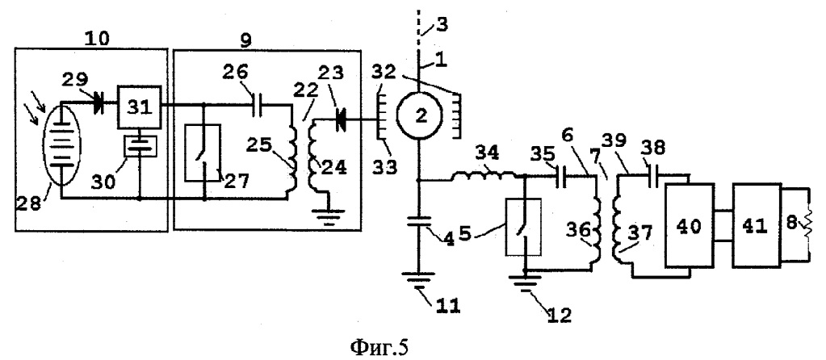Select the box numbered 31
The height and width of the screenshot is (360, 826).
pos(139,107)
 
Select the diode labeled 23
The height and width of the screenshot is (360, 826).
pos(342,120)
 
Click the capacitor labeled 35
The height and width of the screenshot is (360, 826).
pos(560,178)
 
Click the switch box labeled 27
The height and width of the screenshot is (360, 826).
pos(203,153)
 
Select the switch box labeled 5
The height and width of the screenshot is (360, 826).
pos(524,226)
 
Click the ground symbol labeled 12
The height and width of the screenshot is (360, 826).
pos(524,278)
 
